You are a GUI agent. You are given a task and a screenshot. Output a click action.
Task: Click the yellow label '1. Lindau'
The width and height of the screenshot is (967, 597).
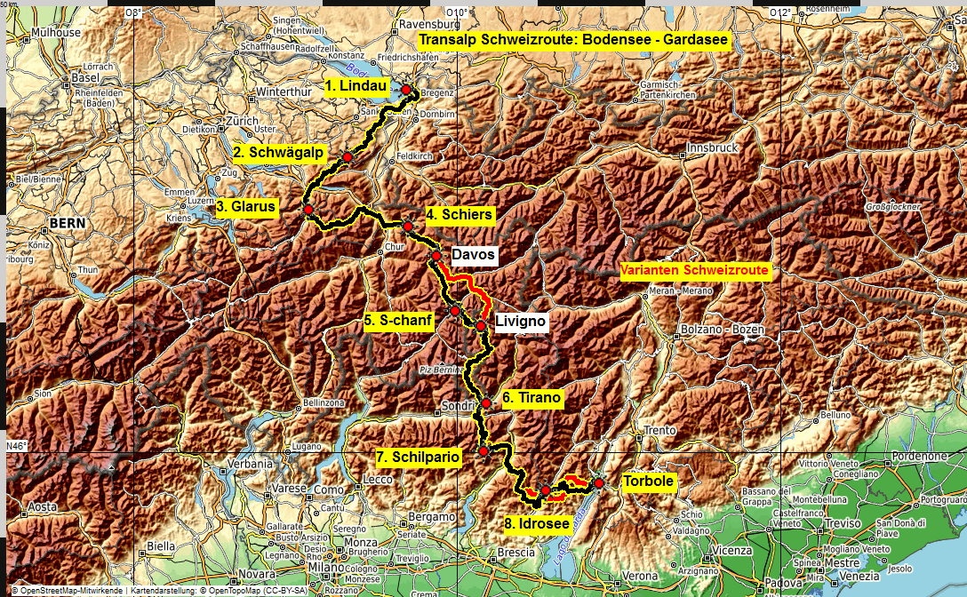pyautogui.click(x=356, y=86)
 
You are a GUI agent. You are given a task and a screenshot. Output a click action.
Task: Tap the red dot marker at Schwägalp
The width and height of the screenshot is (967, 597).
pyautogui.click(x=348, y=157)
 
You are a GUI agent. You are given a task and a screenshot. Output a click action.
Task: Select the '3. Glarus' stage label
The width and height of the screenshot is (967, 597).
pyautogui.click(x=246, y=207)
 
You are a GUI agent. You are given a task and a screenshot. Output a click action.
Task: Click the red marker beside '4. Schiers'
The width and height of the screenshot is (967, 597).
pyautogui.click(x=407, y=226)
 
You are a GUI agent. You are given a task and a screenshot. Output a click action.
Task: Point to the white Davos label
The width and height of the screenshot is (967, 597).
pyautogui.click(x=473, y=255)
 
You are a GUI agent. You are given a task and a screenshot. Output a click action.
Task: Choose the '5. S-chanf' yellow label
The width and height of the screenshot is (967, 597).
pyautogui.click(x=398, y=321)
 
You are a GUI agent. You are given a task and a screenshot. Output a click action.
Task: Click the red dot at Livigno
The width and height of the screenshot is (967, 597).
pyautogui.click(x=481, y=326)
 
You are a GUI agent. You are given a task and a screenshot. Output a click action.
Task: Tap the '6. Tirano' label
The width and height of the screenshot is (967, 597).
pyautogui.click(x=531, y=398)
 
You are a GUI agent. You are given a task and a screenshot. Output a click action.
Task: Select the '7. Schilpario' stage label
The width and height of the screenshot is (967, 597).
pyautogui.click(x=418, y=457)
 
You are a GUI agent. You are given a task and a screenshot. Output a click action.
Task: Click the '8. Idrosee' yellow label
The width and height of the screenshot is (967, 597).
pyautogui.click(x=537, y=523)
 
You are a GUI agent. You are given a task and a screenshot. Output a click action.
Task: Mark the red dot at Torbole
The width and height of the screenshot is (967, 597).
pyautogui.click(x=599, y=482)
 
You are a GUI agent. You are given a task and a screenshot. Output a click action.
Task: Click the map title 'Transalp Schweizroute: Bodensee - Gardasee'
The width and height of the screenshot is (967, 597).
pyautogui.click(x=573, y=41)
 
